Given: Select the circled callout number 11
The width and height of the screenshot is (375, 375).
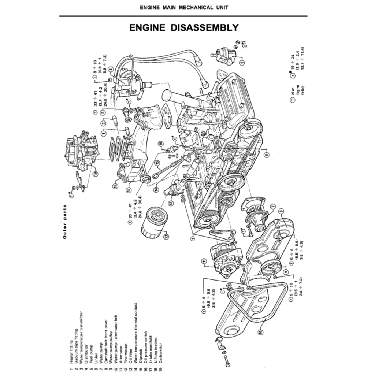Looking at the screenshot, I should (203, 261).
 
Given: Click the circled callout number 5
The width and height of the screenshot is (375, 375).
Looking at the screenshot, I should (242, 62).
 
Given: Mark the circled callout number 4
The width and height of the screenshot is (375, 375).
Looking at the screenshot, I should (110, 69).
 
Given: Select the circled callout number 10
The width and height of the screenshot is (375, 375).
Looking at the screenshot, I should (260, 333).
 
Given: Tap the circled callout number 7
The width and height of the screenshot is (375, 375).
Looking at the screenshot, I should (272, 207).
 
